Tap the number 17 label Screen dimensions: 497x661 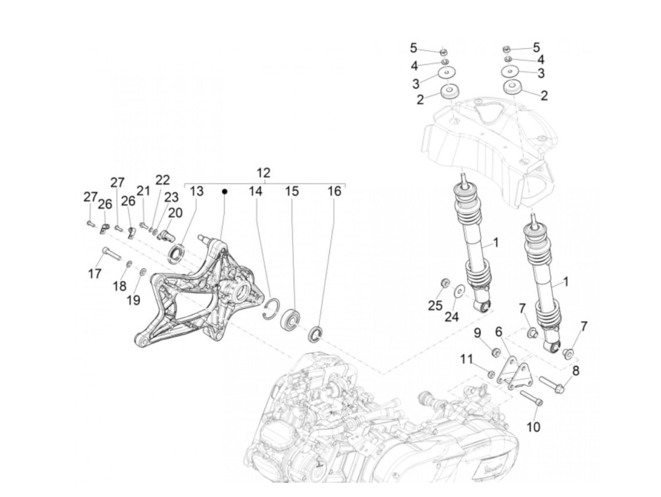pos(95,274)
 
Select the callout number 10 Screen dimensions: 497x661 pos(533,427)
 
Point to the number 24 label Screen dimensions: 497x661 pos(451,316)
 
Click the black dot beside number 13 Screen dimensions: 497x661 pos(225,191)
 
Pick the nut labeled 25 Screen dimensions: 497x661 pos(444,283)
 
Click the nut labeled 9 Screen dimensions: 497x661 pos(496,352)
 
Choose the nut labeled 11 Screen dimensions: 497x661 pos(491,375)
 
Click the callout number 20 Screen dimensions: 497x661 pos(175,213)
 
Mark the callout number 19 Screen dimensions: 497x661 pos(134,300)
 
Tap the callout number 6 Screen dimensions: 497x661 pos(499,332)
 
